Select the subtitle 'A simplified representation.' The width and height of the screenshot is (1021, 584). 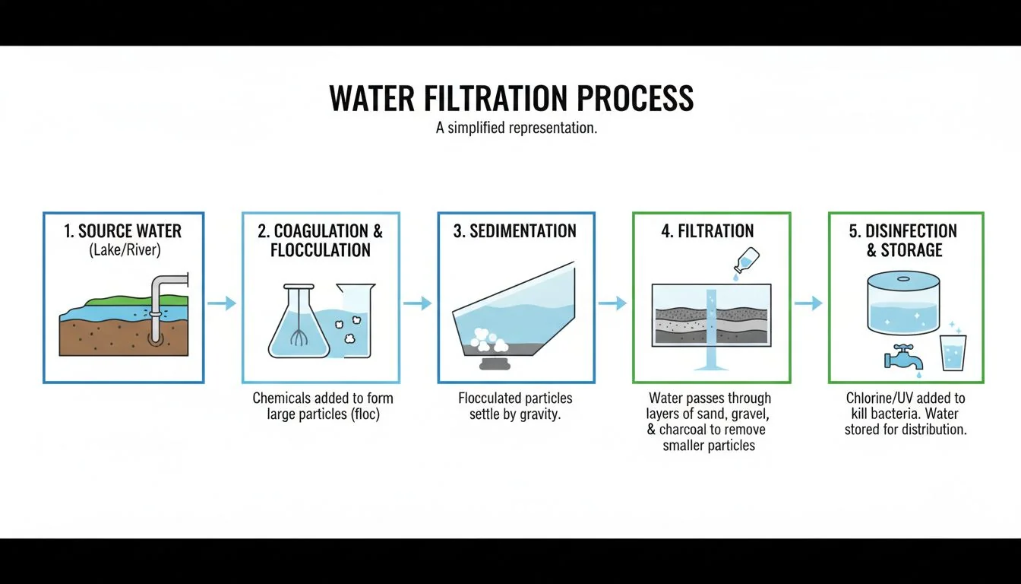[517, 128]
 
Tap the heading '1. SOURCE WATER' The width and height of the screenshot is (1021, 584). [123, 230]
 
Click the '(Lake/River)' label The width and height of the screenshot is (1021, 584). [123, 249]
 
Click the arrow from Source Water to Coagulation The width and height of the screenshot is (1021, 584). [222, 303]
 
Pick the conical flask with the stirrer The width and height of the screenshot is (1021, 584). [299, 323]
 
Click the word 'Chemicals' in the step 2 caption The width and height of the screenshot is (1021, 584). [281, 398]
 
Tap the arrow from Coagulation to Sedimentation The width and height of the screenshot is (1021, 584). [417, 303]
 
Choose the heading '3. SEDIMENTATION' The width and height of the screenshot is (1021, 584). [515, 231]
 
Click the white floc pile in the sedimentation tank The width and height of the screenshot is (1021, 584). [486, 339]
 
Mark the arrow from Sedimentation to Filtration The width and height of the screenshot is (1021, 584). [612, 303]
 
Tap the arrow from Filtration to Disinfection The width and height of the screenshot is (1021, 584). [808, 303]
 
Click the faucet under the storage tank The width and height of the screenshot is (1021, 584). [902, 356]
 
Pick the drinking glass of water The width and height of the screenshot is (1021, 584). [952, 353]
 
